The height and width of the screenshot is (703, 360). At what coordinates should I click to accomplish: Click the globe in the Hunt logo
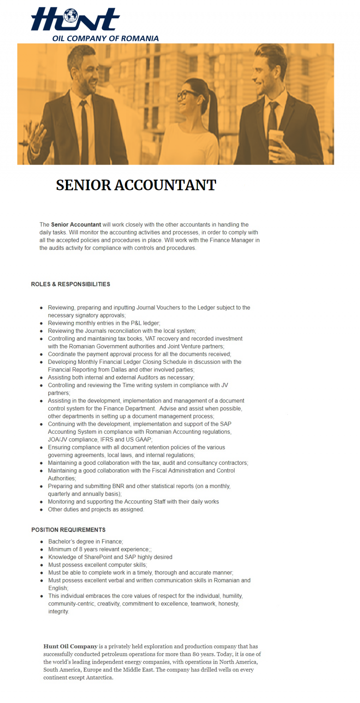click(x=70, y=15)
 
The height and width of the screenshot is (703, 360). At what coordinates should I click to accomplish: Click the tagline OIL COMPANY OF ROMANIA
click(x=105, y=38)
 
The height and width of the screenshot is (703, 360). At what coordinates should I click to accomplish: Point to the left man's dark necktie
click(x=84, y=131)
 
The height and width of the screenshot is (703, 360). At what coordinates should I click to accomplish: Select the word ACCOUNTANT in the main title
click(x=165, y=185)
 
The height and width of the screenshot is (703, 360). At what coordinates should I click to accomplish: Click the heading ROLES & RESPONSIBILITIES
click(x=70, y=284)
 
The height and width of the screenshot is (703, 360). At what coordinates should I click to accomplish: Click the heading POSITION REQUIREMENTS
click(x=68, y=530)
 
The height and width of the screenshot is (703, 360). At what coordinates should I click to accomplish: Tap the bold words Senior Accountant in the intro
click(x=76, y=225)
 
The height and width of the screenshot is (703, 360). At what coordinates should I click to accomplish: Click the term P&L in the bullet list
click(x=136, y=323)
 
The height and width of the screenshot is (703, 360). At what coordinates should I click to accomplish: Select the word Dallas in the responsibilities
click(x=119, y=370)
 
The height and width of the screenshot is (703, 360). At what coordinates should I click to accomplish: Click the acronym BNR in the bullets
click(x=118, y=486)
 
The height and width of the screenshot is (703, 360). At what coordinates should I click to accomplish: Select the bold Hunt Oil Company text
click(x=70, y=646)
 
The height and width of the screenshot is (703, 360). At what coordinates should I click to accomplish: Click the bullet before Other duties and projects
click(x=41, y=510)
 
